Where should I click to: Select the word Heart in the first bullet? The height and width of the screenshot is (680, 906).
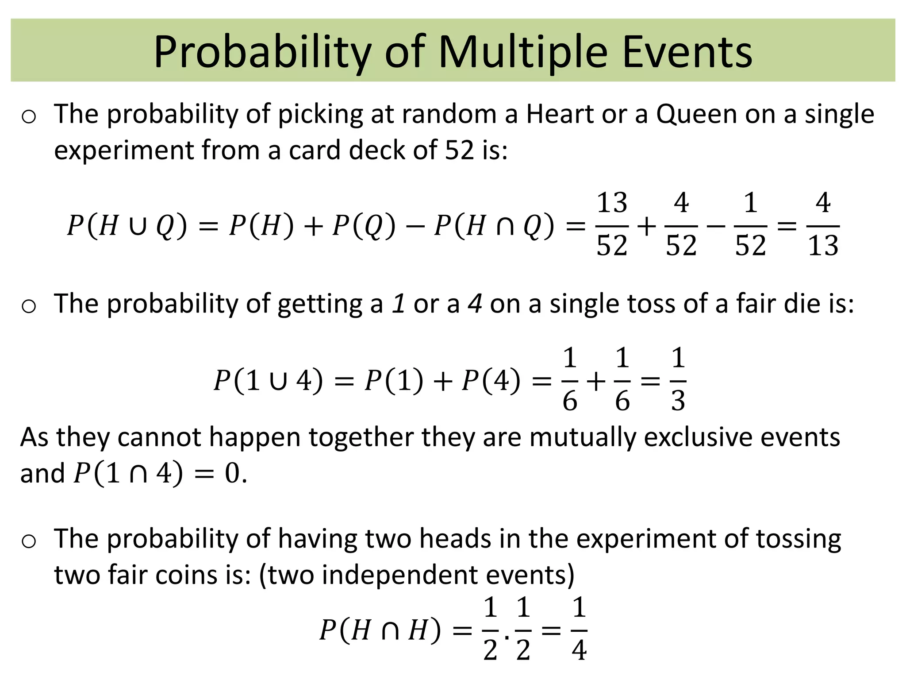click(x=560, y=114)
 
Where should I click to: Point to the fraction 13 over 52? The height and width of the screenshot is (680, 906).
click(x=612, y=225)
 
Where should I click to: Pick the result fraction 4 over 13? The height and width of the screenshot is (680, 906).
click(x=823, y=225)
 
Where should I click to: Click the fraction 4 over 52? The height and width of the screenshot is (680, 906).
click(x=681, y=225)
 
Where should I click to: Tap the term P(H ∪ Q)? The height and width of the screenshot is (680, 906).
click(x=127, y=226)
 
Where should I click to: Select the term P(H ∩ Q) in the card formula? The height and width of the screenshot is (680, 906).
click(x=494, y=226)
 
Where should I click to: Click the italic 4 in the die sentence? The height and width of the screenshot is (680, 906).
click(x=475, y=305)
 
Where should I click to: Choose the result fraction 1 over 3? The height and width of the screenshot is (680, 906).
click(x=678, y=380)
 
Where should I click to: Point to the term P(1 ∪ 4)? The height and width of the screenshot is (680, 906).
click(x=268, y=381)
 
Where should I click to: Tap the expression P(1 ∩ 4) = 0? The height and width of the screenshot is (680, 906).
click(x=159, y=474)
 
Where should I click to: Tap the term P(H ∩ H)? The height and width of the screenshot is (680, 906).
click(x=380, y=630)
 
